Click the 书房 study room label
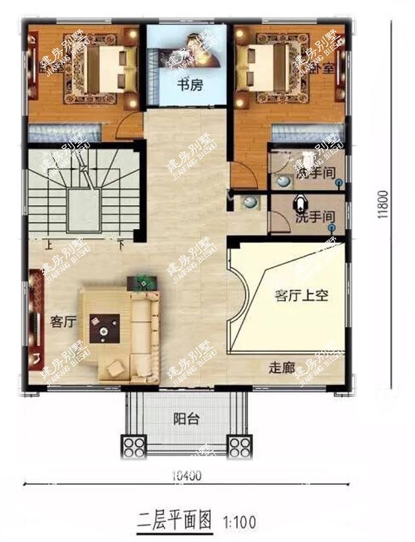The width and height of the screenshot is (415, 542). (191, 84)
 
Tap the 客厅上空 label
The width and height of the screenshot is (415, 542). (302, 295)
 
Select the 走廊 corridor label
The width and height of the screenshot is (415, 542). (282, 367)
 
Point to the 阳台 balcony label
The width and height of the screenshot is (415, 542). (186, 419)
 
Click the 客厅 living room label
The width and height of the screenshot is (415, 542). (64, 321)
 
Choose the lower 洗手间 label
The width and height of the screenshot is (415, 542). (314, 217)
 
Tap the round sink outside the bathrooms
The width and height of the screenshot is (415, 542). (248, 203)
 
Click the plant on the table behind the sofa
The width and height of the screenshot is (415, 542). (143, 282)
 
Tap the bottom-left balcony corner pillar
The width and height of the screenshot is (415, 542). (135, 447)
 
